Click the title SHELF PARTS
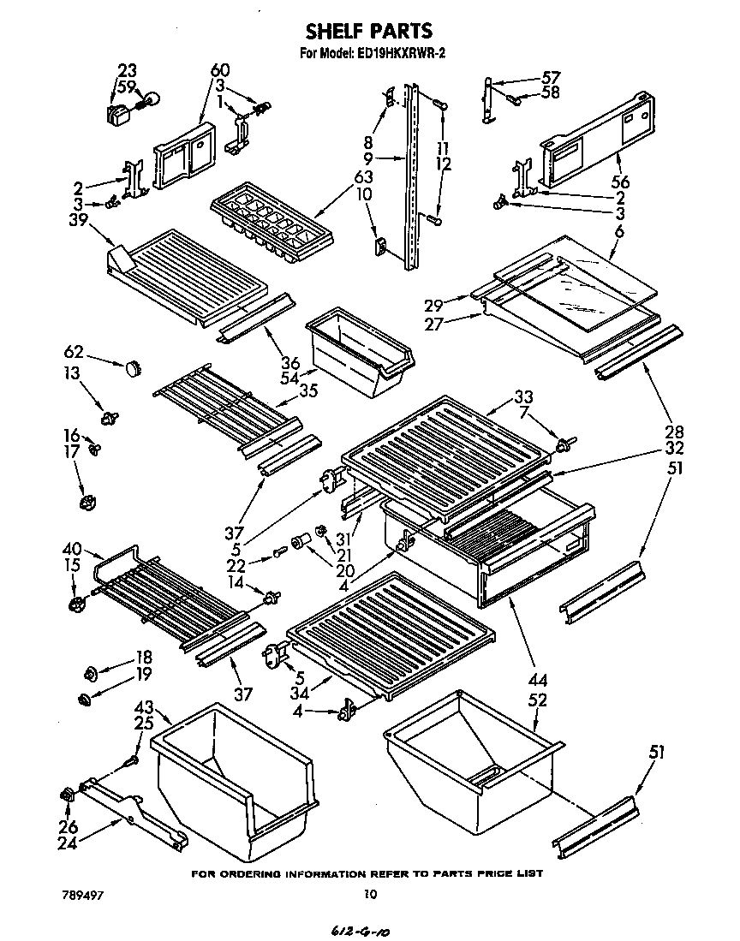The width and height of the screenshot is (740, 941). point(369,33)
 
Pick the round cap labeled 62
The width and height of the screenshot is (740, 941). point(131,367)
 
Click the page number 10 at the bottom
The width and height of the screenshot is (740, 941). point(369,894)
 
